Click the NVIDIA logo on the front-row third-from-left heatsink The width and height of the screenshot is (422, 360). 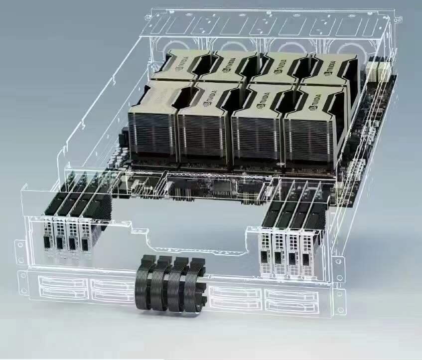(x=262, y=100)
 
